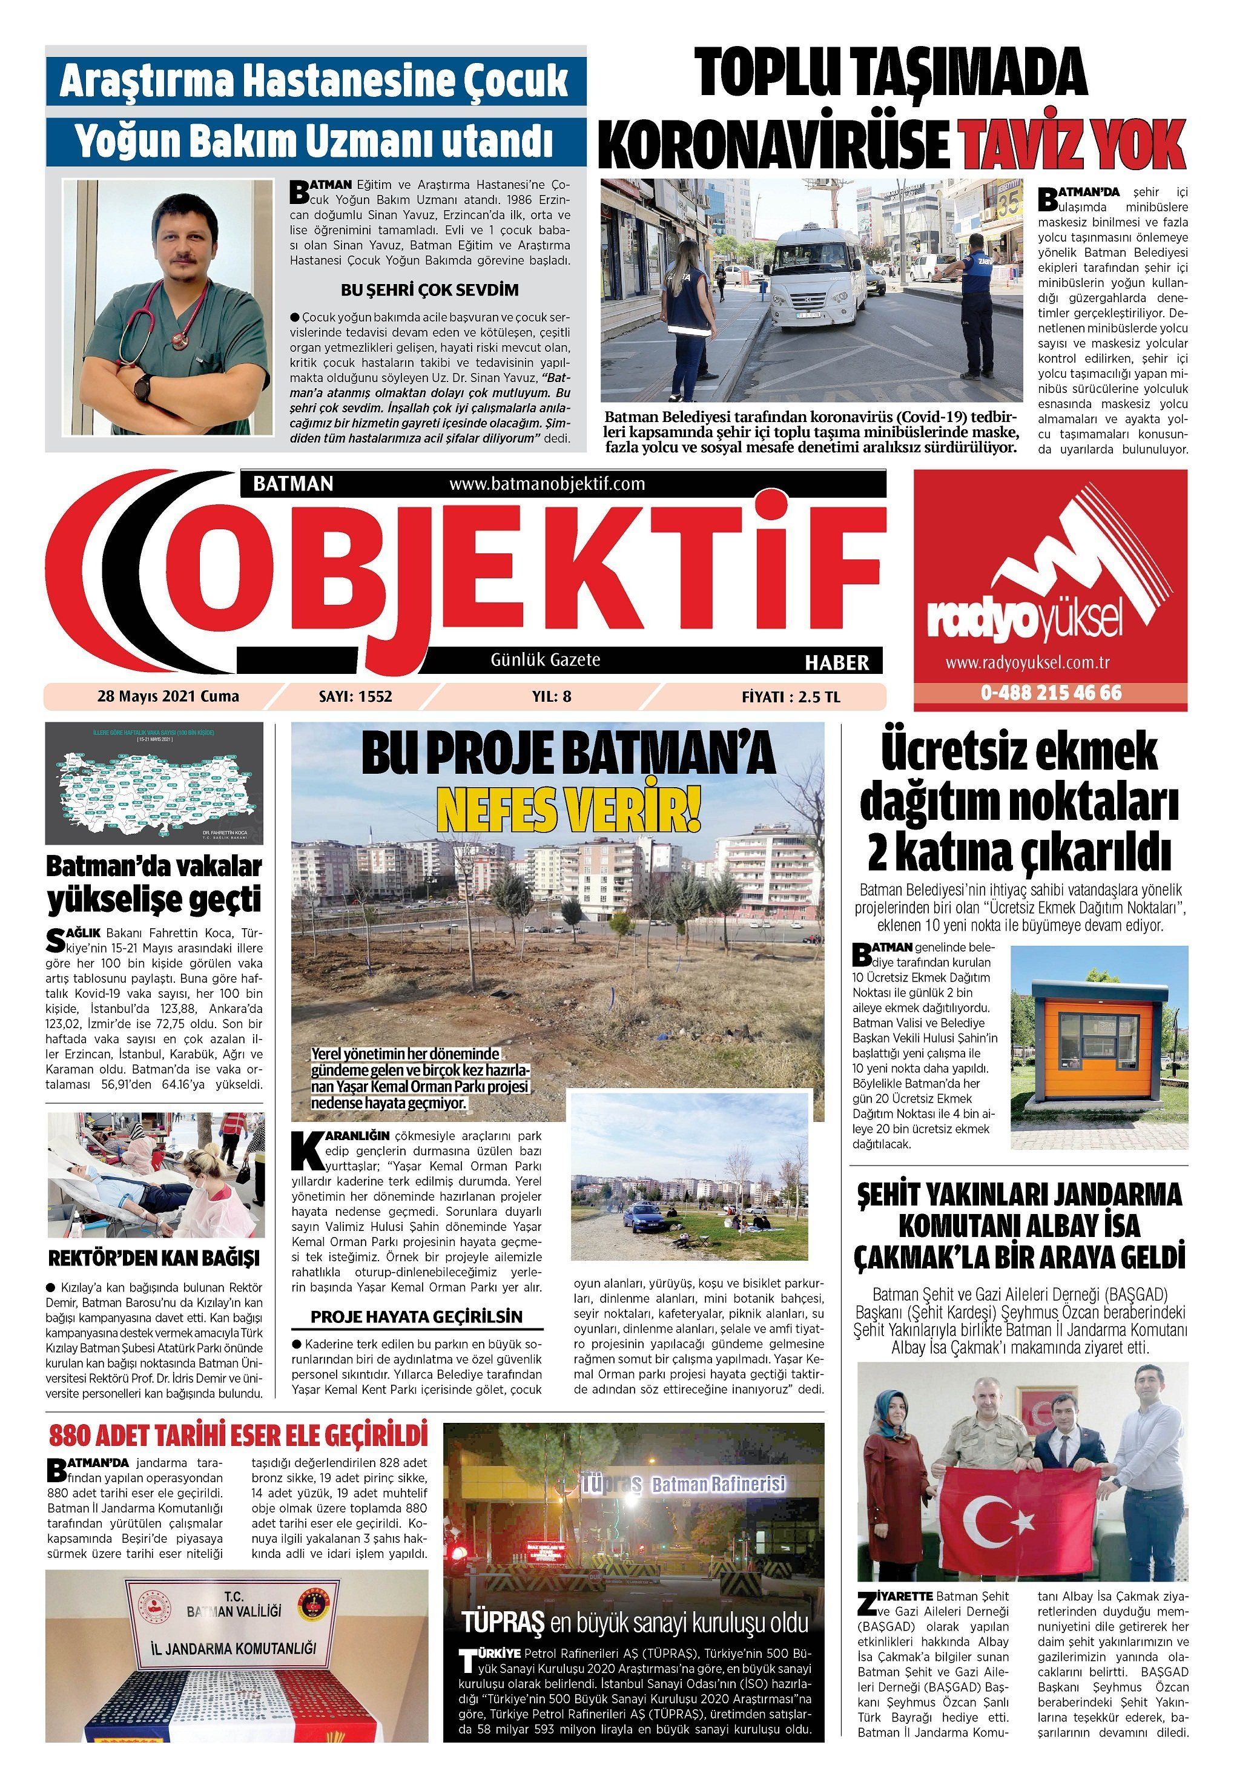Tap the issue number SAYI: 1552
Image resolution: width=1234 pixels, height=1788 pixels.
click(x=355, y=696)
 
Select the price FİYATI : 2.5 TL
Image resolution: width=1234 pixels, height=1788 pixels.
click(x=790, y=696)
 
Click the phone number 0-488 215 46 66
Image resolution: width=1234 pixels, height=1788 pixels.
click(x=1051, y=693)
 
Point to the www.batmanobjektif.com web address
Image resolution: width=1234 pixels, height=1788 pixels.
click(x=547, y=484)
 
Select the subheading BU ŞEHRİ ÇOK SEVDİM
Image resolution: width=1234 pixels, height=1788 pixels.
click(x=429, y=291)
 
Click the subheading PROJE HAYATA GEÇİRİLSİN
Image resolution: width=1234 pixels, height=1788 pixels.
click(x=417, y=1317)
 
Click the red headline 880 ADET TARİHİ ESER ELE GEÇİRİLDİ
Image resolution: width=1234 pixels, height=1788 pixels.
click(x=238, y=1436)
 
